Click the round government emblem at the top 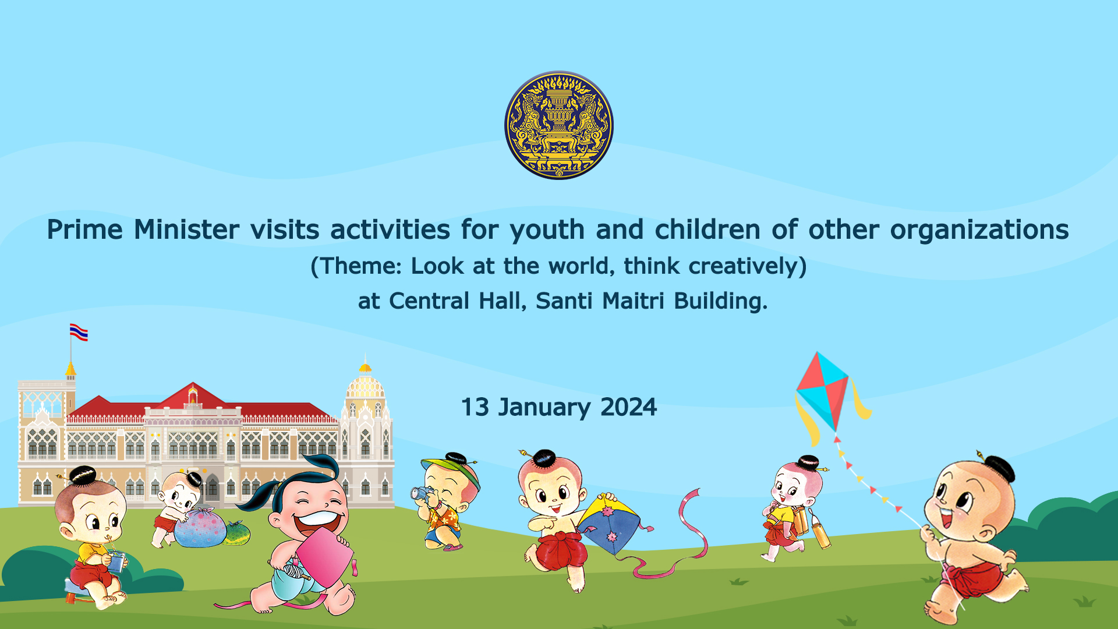[x=559, y=125]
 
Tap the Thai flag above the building [x=79, y=332]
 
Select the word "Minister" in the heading [x=186, y=229]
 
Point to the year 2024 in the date [x=628, y=407]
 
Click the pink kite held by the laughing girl [x=324, y=559]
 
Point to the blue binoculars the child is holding [x=420, y=494]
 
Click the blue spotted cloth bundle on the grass [x=200, y=528]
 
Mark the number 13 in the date [x=475, y=407]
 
